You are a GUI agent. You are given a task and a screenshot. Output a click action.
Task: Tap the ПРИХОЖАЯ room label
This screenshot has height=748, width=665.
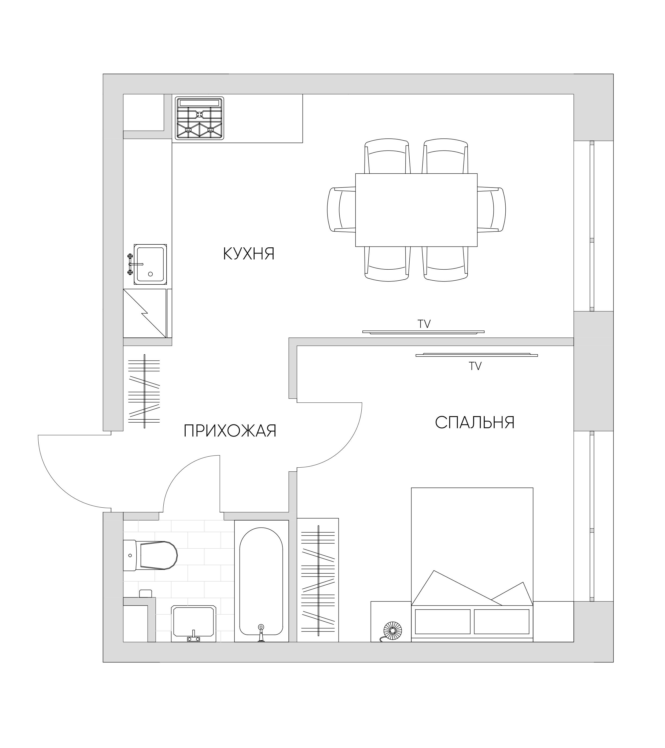point(230,431)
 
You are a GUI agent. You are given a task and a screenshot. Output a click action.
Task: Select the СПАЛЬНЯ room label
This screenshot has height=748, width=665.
point(475,423)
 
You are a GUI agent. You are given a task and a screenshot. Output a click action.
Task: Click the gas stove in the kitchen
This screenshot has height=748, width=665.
point(200,118)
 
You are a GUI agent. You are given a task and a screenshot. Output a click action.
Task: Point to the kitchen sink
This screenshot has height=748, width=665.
point(148,264)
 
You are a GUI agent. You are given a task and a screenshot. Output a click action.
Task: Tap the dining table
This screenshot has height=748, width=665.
point(416,210)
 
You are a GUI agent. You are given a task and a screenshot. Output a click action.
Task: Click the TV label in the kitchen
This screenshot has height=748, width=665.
point(424,324)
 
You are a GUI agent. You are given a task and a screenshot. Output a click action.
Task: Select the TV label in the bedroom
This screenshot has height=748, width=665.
point(475,366)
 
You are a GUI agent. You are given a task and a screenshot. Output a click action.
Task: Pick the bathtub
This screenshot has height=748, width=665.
point(261,581)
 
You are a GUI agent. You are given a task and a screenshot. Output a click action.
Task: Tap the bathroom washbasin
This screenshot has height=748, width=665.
point(194,624)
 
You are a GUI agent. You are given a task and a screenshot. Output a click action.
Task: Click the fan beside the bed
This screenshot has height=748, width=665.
point(392,631)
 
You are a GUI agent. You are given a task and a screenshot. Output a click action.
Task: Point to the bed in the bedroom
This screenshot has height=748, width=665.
point(472,565)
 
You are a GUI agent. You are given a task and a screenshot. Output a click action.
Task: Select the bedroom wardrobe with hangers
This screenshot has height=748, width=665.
point(318,580)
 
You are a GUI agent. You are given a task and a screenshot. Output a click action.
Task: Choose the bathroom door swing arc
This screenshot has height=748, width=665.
point(180,472)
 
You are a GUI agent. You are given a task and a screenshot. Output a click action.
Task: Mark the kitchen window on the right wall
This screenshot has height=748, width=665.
point(591,226)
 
